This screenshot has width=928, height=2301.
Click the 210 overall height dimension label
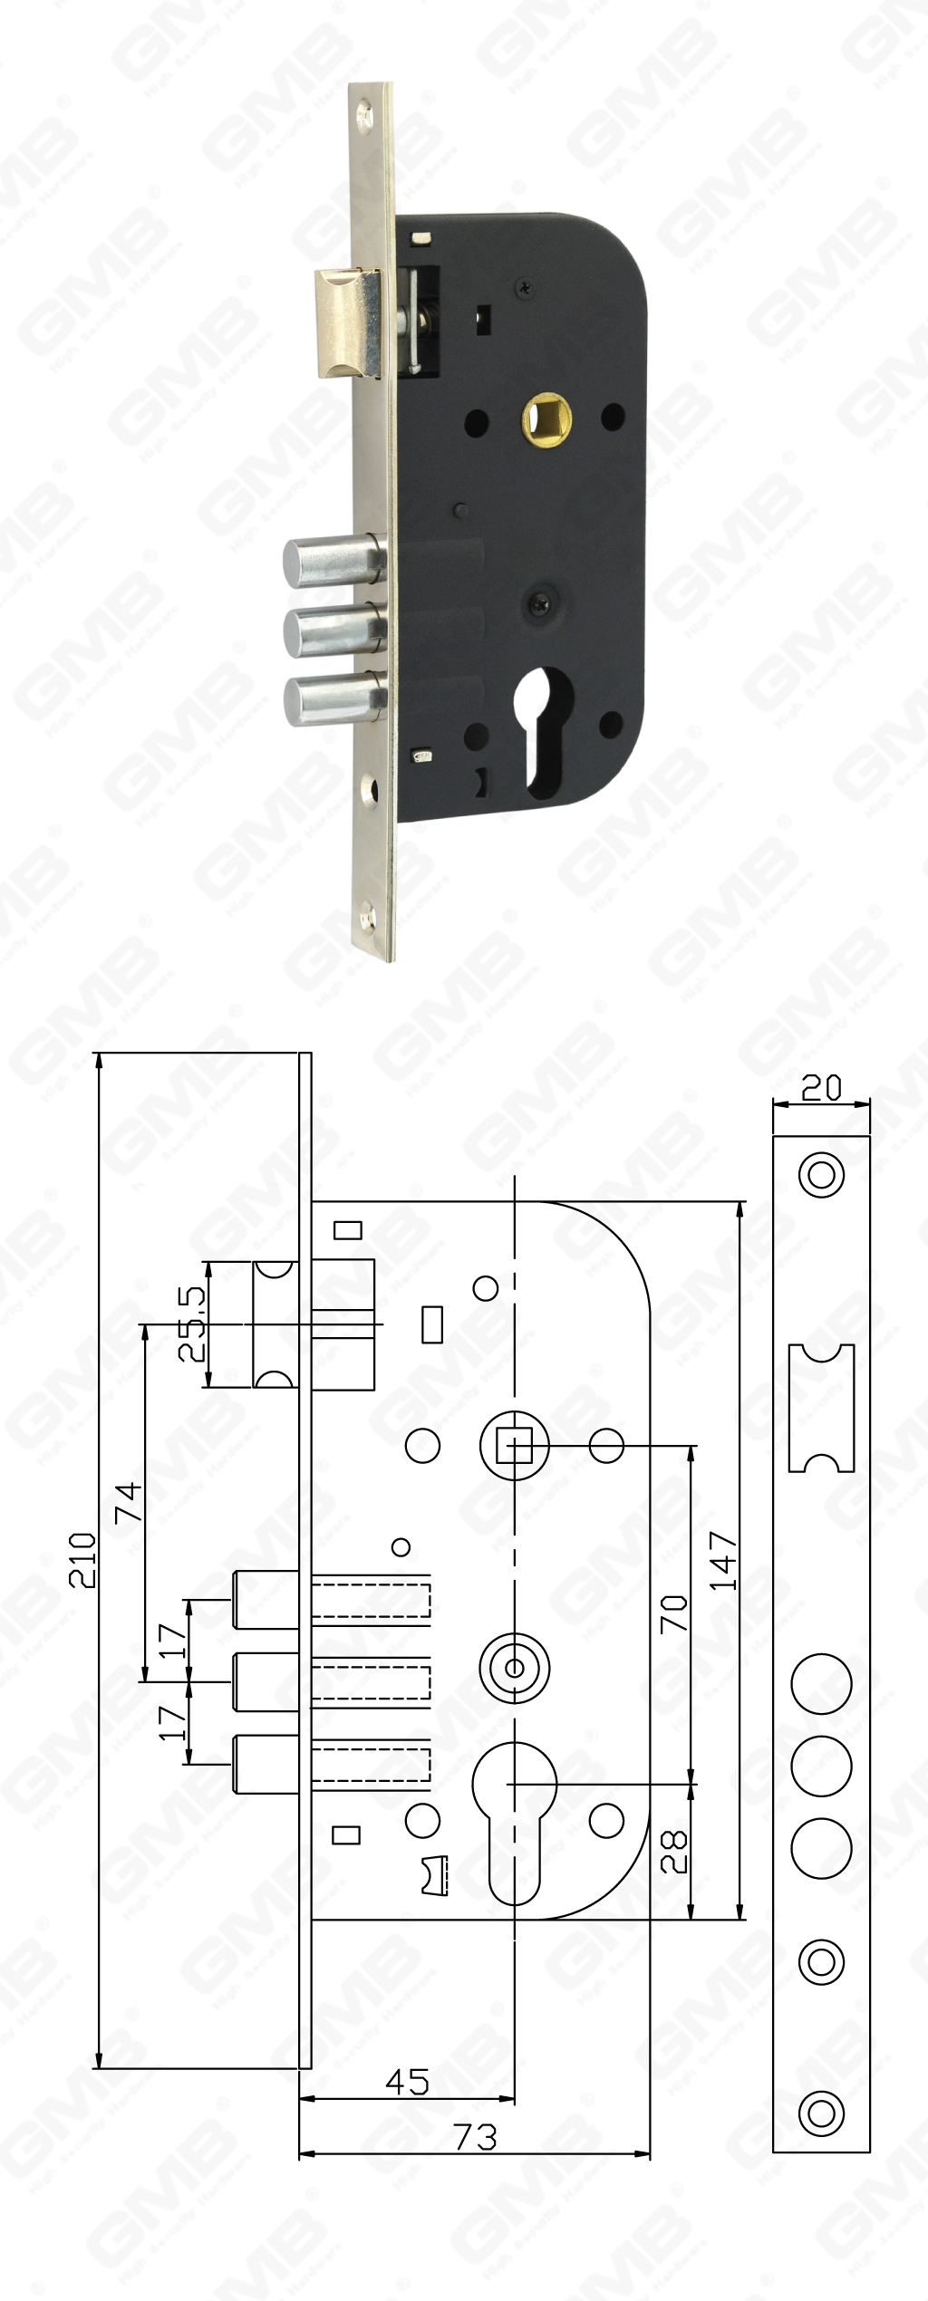[x=83, y=1559]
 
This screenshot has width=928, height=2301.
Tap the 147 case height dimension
[x=723, y=1560]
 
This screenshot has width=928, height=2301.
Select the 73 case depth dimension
[x=476, y=2136]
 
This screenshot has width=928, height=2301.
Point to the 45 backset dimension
[x=407, y=2082]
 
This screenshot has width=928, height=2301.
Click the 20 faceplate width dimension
[x=821, y=1088]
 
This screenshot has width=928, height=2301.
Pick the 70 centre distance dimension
[x=674, y=1613]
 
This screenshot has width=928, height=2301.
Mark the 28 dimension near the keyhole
[x=674, y=1851]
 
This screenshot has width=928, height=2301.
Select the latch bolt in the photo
[x=349, y=322]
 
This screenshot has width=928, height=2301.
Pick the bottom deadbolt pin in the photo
[x=333, y=703]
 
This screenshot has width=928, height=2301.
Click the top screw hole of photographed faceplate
[x=364, y=115]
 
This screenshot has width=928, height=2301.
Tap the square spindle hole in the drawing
[x=514, y=1445]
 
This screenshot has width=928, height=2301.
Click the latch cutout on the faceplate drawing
[x=821, y=1407]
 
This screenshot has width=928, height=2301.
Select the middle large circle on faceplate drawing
[x=821, y=1766]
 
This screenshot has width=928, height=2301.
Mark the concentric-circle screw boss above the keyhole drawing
[x=514, y=1667]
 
